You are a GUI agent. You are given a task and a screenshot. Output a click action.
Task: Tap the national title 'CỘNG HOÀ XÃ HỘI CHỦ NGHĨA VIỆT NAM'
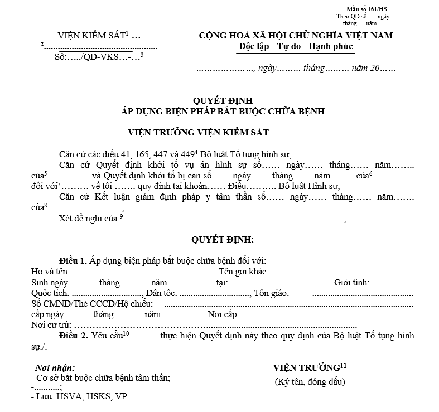point(296,36)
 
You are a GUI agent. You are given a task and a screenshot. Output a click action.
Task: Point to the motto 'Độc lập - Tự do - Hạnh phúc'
point(296,46)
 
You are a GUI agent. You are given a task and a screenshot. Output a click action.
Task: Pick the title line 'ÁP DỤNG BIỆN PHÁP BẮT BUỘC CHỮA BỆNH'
point(223,110)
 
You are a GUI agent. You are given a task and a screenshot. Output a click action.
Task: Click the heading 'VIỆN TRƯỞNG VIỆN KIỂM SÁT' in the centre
point(198,133)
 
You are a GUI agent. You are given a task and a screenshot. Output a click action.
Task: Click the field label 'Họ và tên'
point(50,272)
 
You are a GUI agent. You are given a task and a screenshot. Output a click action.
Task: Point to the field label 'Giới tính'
point(351,282)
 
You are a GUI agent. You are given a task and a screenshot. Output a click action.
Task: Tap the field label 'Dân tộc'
point(162,293)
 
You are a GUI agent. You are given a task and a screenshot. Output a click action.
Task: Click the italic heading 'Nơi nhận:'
point(55,368)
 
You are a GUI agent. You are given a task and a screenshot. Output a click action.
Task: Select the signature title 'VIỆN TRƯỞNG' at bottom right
point(306,367)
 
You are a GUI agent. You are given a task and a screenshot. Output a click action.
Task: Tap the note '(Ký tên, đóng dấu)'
point(310,382)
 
